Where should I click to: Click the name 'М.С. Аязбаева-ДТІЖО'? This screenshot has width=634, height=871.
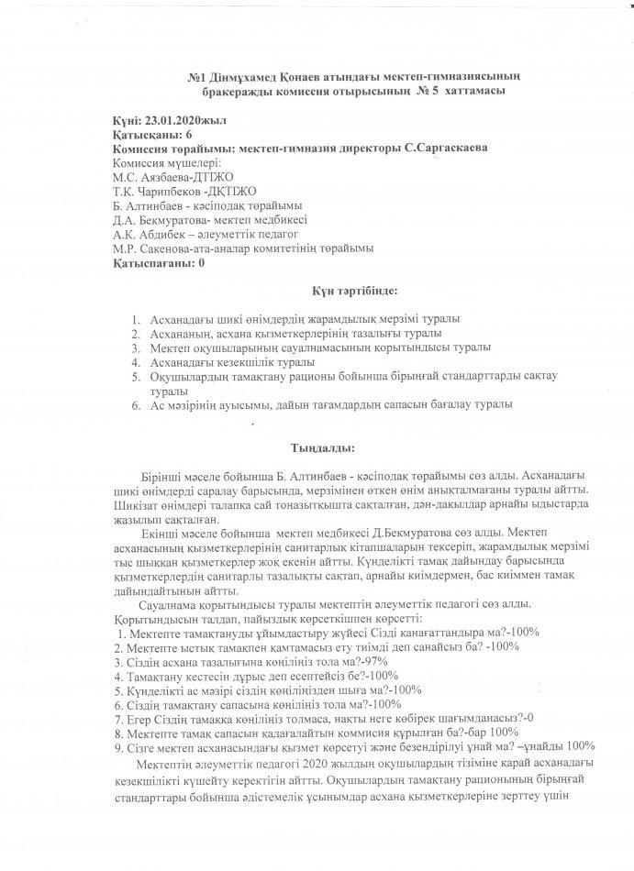[x=169, y=177]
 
